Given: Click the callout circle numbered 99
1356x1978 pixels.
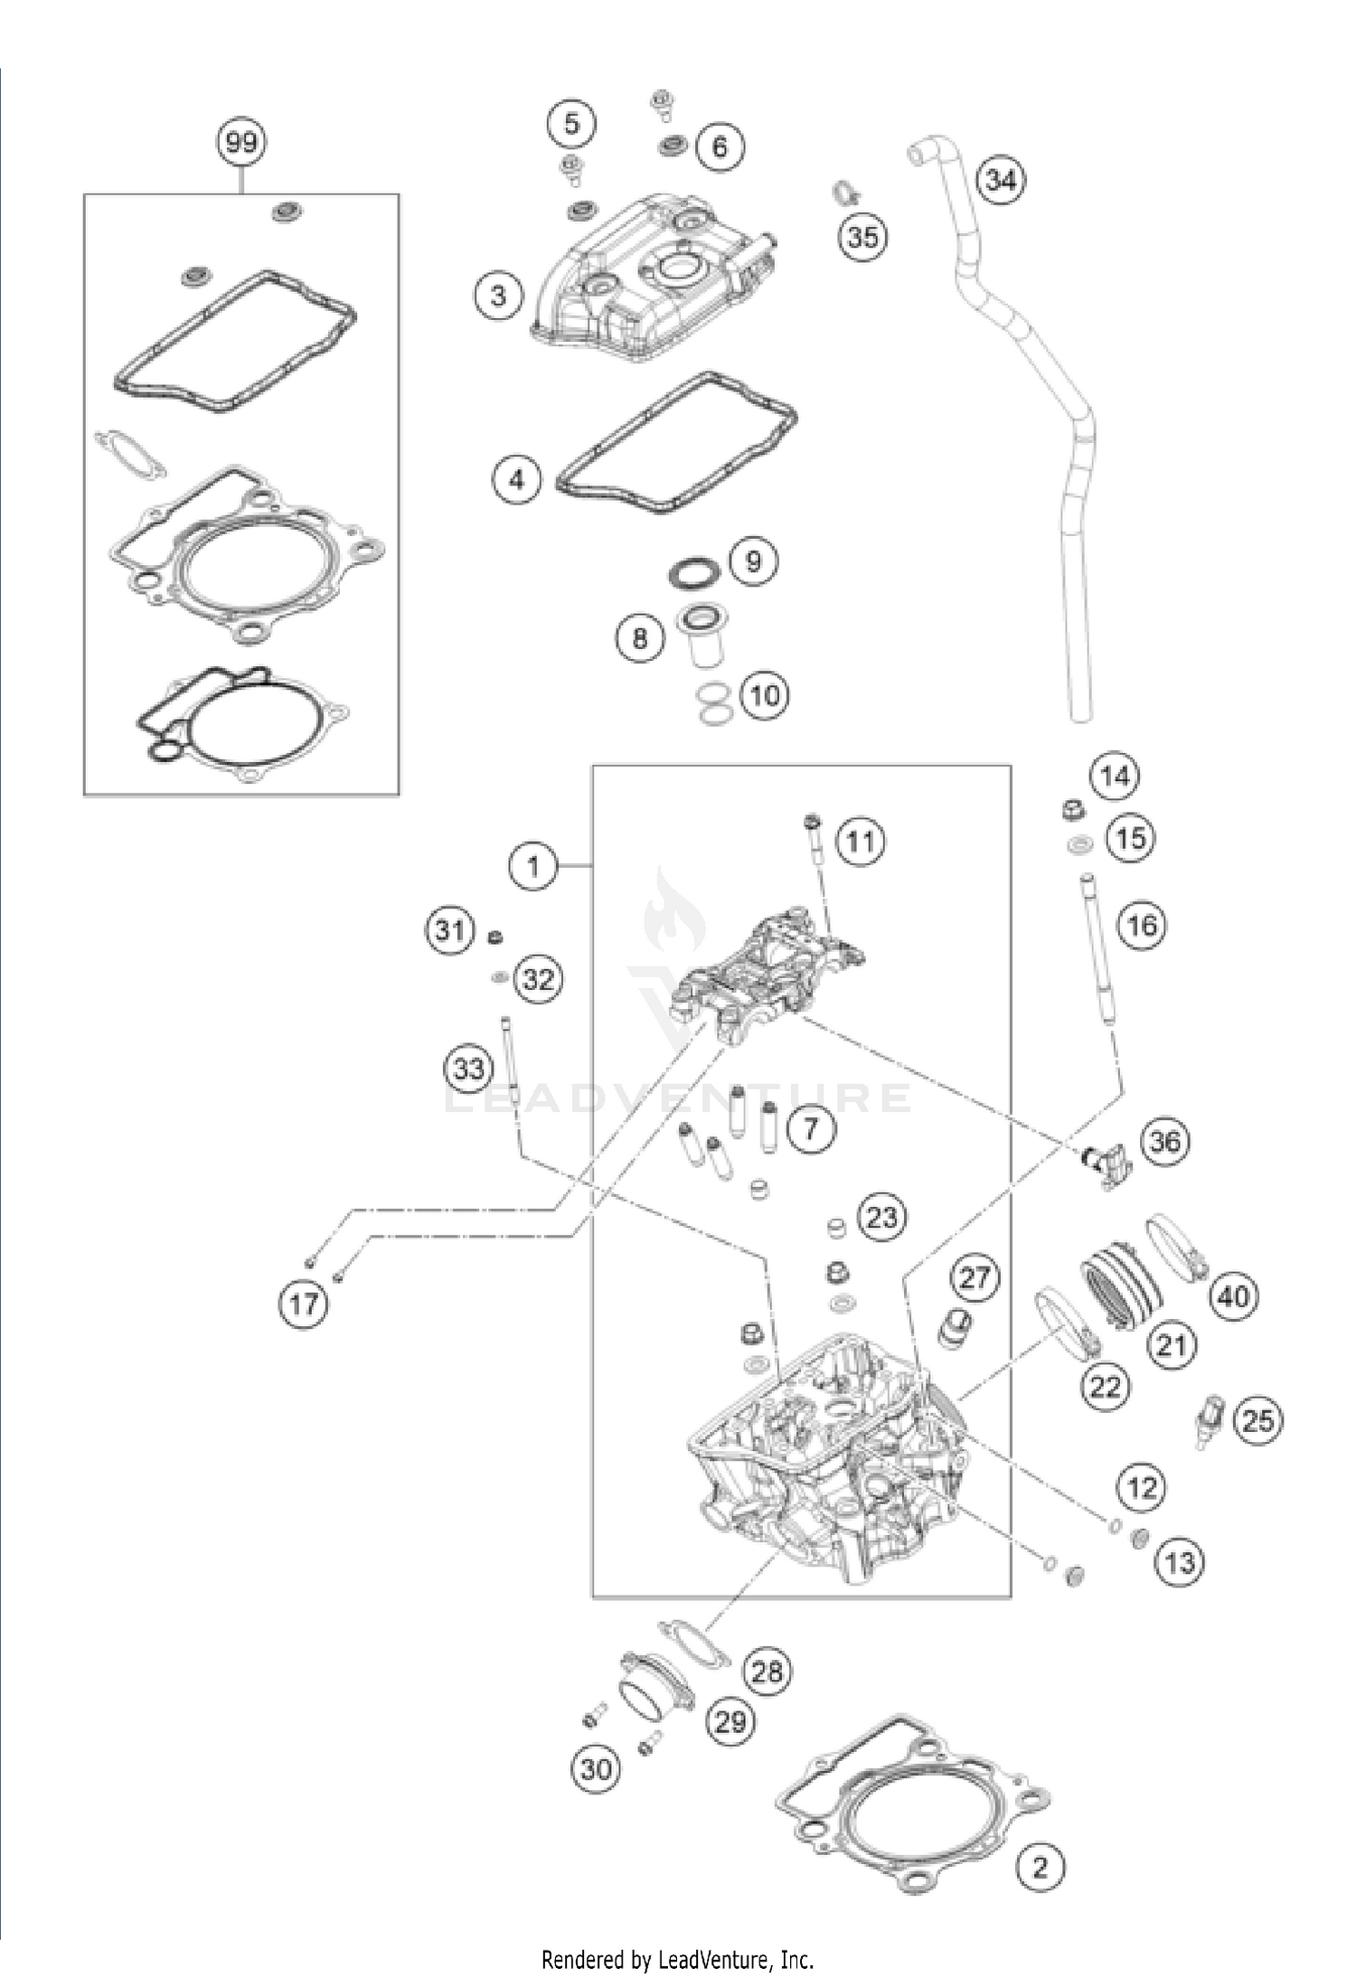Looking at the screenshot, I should coord(241,143).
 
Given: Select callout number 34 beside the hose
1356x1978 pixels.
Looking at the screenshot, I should coord(1001,180).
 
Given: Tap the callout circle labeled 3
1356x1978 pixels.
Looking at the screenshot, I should coord(498,295).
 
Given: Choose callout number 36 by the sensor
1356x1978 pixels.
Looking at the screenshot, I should coord(1164,1141).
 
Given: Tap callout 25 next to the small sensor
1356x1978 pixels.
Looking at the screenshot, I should coord(1257,1421).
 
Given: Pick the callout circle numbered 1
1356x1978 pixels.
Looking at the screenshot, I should coord(532,867).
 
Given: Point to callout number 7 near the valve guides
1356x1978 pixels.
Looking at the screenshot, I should coord(810,1127).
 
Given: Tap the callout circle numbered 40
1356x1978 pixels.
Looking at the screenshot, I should coord(1233,1296).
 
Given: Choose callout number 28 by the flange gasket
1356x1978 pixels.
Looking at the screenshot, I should coord(767,1671).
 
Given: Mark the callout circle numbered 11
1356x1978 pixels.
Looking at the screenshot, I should coord(860,841).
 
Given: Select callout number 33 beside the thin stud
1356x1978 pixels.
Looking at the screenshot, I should coord(468,1069).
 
